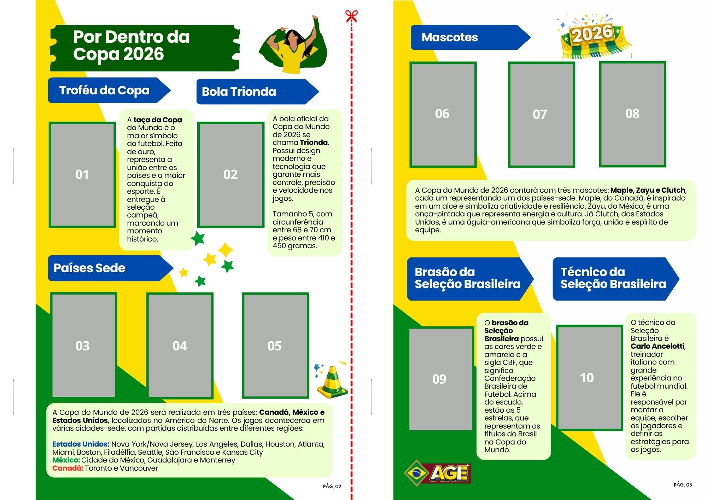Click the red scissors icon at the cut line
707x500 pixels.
(x=351, y=16)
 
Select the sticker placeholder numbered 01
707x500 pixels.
(x=82, y=175)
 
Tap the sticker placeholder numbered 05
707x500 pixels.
(x=275, y=345)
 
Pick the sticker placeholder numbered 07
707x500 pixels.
(x=541, y=114)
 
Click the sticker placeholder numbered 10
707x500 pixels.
(x=589, y=378)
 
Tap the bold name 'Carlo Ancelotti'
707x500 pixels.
(x=658, y=346)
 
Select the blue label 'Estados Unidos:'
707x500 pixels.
(x=81, y=444)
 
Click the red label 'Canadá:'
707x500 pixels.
(x=68, y=468)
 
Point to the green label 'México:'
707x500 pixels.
(x=66, y=460)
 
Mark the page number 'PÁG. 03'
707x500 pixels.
(x=683, y=484)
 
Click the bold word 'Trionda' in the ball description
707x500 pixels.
(x=314, y=143)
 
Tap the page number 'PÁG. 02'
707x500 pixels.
(x=332, y=486)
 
